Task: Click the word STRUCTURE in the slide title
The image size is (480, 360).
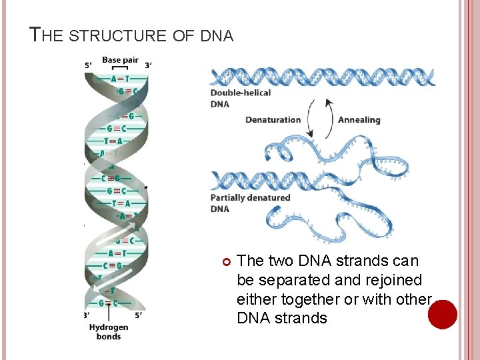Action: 117,35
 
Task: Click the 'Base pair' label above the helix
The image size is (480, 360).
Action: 120,60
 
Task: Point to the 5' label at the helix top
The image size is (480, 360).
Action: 88,65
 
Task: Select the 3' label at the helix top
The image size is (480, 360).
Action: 147,65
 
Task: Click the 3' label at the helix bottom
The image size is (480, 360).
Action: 87,315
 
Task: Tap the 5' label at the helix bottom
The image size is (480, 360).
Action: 139,315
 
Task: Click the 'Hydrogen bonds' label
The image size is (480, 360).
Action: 108,331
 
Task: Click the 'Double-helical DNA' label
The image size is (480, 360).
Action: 240,98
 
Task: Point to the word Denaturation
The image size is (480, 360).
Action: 273,120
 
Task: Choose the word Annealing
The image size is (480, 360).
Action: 359,120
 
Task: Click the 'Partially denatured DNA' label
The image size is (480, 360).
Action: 250,203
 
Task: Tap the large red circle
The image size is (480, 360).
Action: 442,314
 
